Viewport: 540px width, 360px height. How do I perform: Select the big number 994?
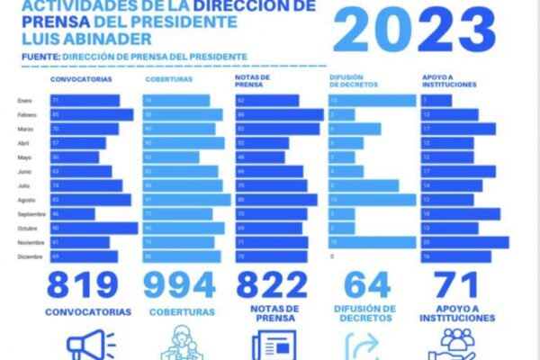[x=181, y=284]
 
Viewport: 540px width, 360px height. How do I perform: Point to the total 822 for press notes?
[x=272, y=284]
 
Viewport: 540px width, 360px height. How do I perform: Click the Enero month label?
[x=24, y=101]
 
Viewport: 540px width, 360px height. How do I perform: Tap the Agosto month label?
[x=26, y=199]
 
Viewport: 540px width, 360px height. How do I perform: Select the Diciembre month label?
[x=29, y=256]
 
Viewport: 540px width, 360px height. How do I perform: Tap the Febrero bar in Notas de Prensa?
[x=278, y=115]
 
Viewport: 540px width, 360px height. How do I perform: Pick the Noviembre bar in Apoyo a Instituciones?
[x=464, y=242]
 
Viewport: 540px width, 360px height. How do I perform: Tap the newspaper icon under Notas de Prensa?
[x=271, y=346]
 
